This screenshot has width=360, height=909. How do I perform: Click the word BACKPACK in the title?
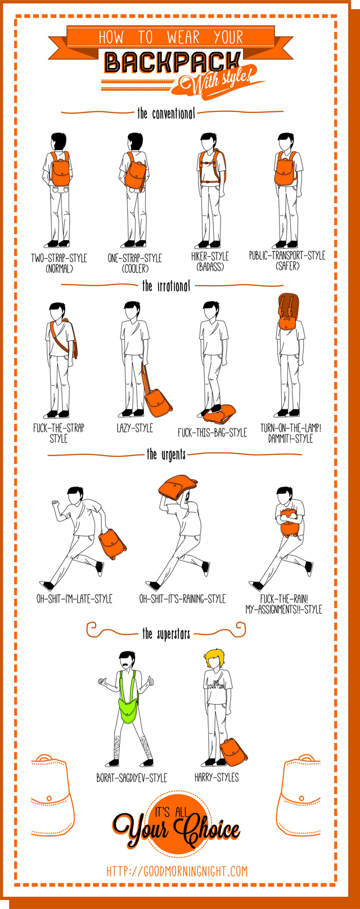coord(173,62)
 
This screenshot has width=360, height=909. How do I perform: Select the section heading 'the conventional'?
coord(166,113)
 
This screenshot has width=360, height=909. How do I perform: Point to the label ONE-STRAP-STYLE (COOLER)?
coord(134,263)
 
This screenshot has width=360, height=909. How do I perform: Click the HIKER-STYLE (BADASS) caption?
coord(210,262)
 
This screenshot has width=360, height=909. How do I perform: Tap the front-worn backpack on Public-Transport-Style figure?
coord(286,171)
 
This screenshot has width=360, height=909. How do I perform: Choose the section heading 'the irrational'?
coord(166,286)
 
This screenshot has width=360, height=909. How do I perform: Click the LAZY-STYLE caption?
coord(134,428)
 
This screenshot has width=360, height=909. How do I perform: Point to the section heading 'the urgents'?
coord(166,454)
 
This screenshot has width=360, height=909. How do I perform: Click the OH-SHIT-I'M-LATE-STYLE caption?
coord(74,599)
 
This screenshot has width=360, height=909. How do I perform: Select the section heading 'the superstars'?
coord(166,634)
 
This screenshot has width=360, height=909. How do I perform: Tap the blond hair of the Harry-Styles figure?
coord(214,657)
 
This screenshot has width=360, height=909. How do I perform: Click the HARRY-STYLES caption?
coord(217,777)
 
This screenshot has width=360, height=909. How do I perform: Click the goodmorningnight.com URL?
coord(177,871)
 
